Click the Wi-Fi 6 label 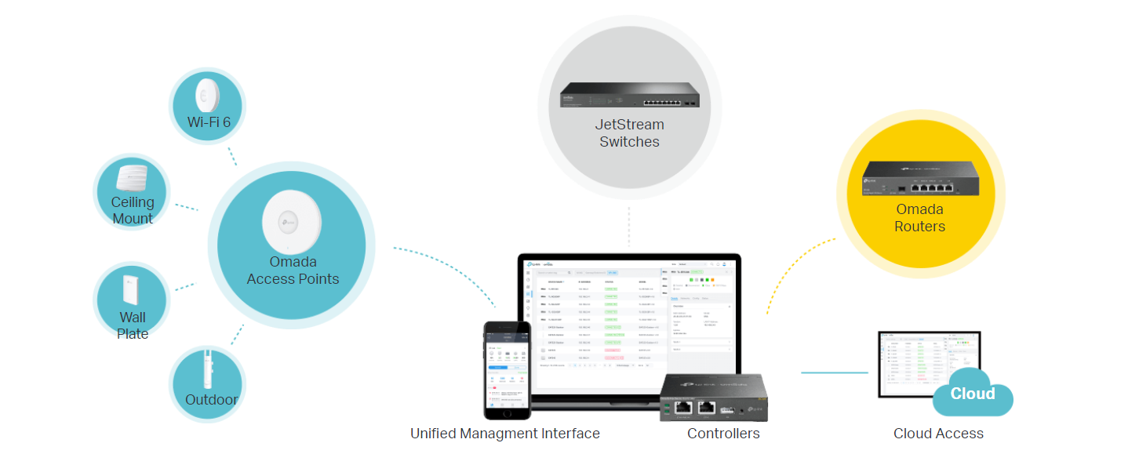208,122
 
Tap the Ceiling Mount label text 133,210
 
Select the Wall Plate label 133,325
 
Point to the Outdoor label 211,400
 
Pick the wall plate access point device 130,291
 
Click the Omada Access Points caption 293,270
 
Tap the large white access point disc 292,221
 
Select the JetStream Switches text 629,133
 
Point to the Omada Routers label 919,218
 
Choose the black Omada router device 919,179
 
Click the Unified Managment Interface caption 504,434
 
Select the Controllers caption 723,434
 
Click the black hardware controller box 711,398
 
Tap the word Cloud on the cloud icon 973,394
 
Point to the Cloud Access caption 938,434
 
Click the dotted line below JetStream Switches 629,227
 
